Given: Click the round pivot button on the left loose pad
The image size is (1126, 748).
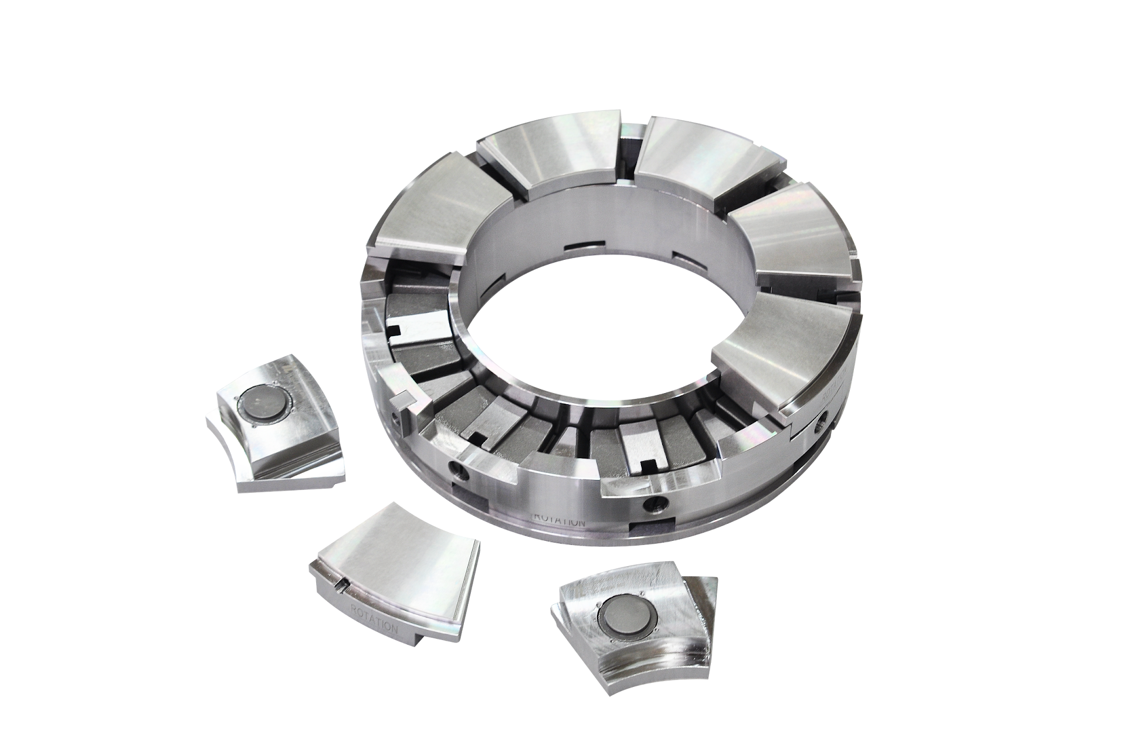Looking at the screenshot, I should point(266,405).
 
